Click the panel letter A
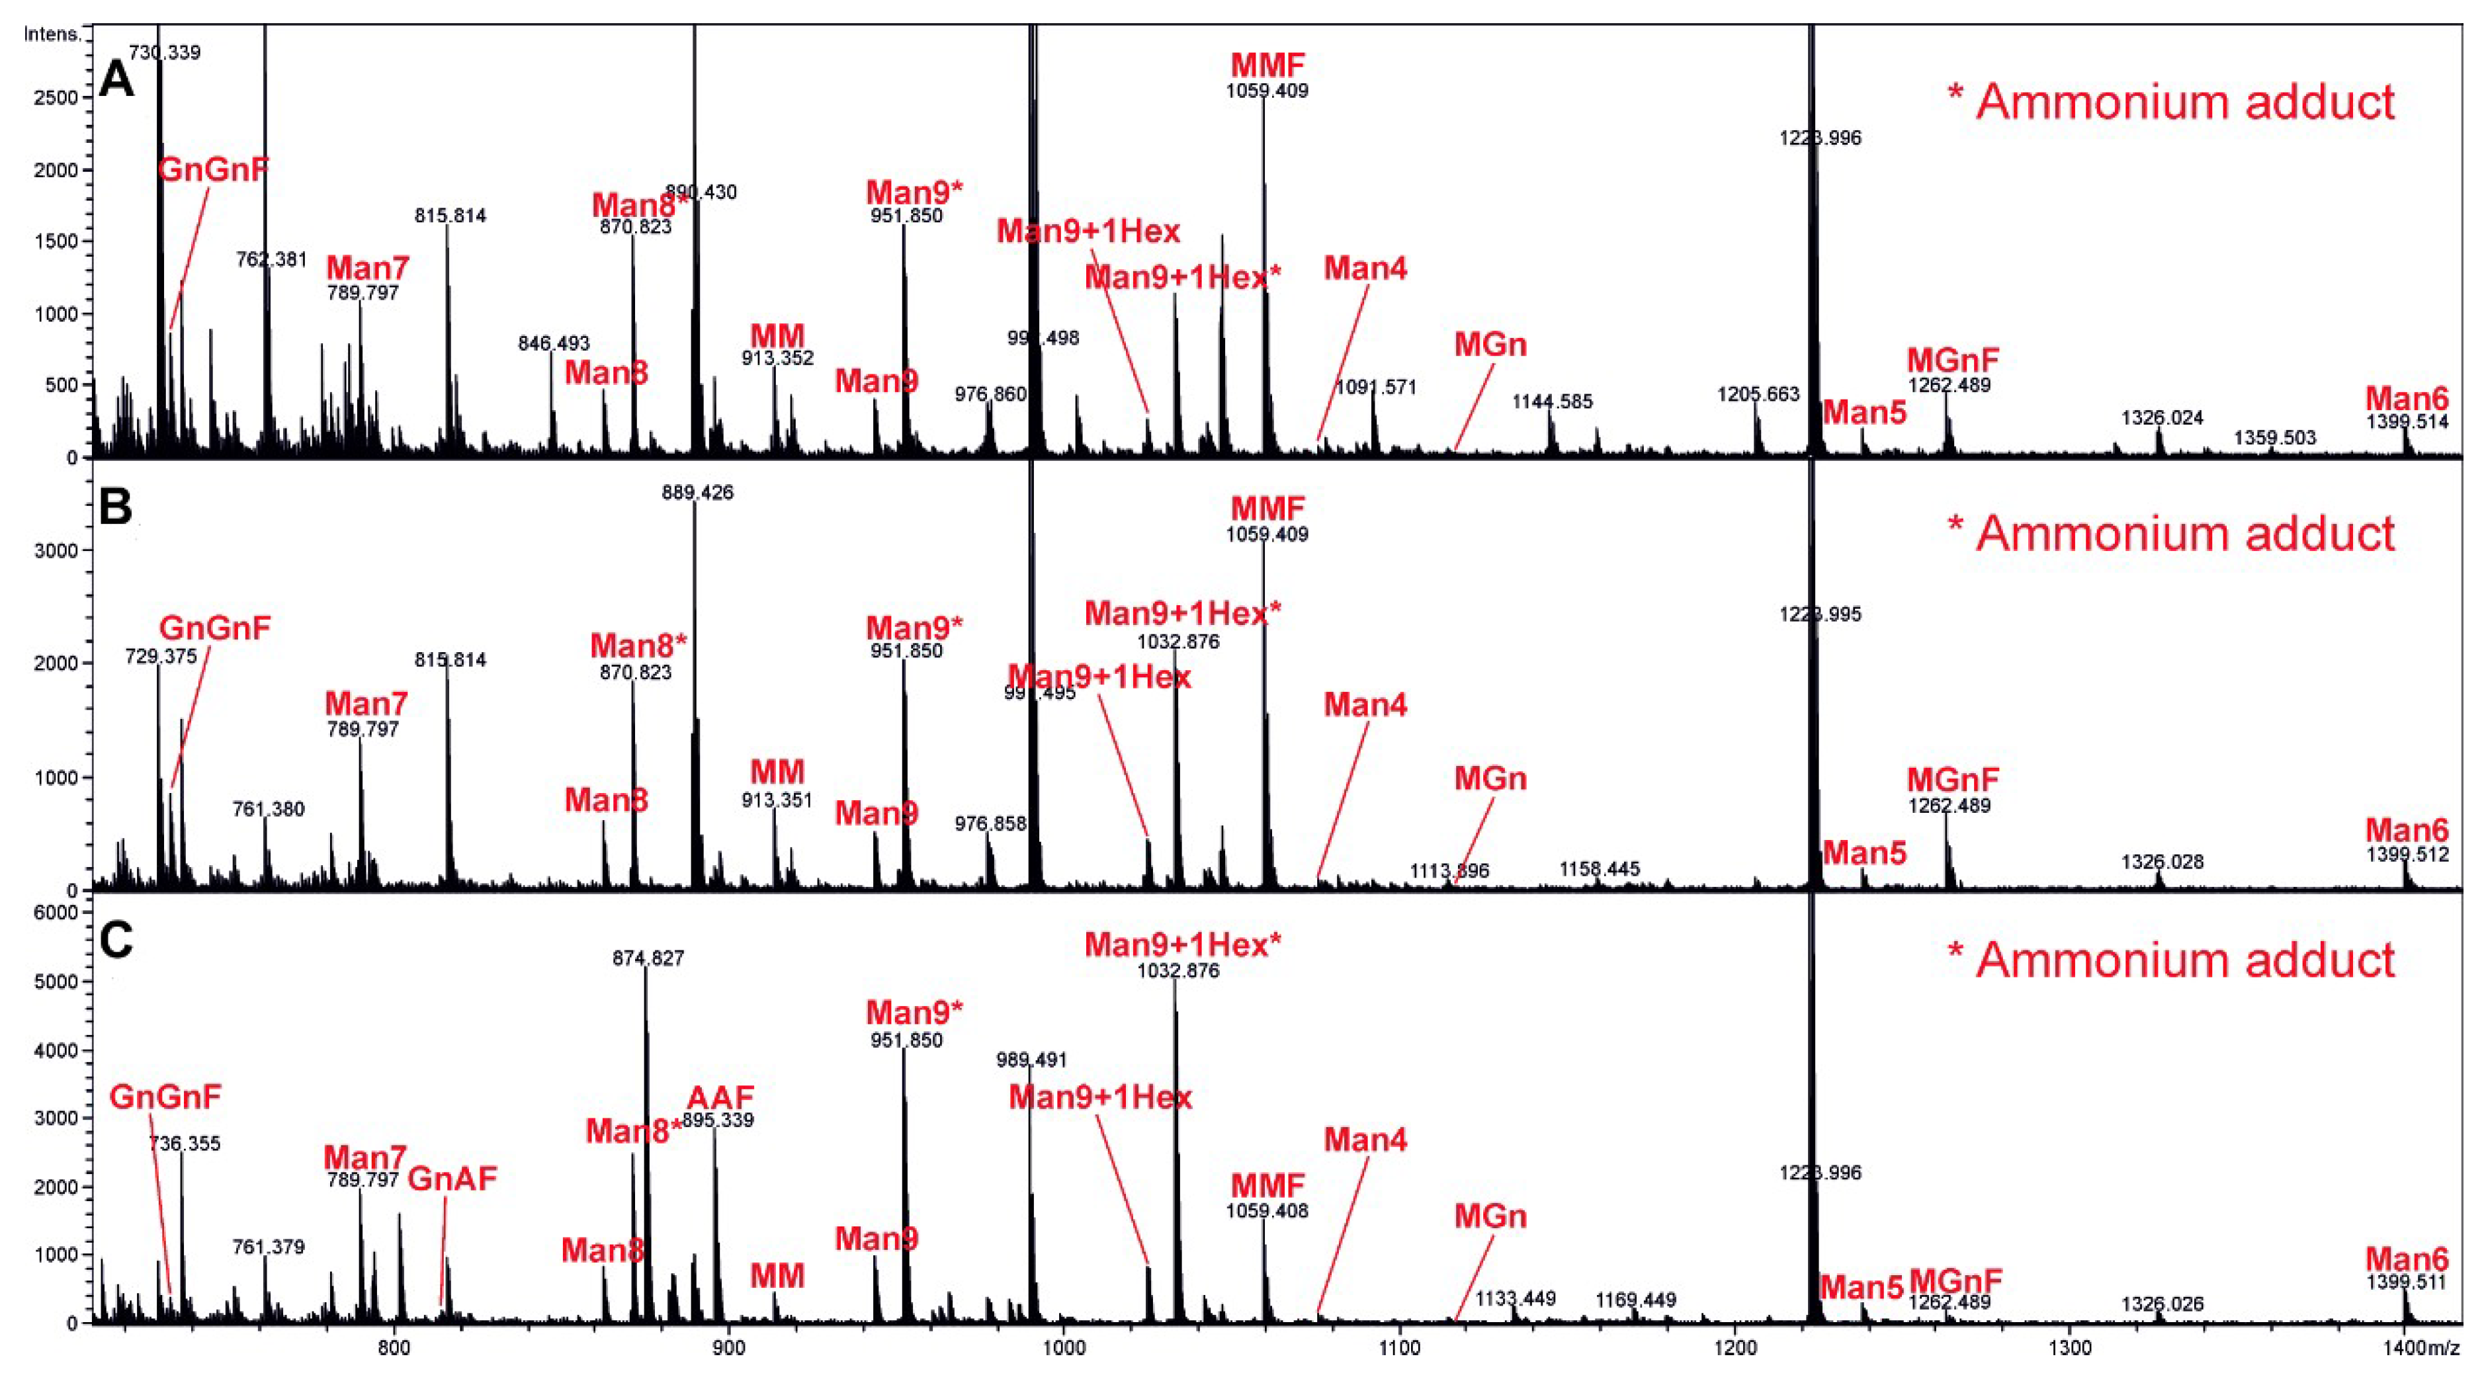coord(117,79)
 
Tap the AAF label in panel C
coord(720,1097)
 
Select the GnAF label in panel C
coord(452,1179)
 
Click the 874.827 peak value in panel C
coord(648,958)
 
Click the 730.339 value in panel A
coord(164,52)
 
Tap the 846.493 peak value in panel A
coord(553,343)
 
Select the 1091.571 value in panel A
coord(1375,387)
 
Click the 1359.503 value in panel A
coord(2275,438)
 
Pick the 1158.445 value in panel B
coord(1599,870)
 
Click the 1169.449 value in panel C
coord(1635,1300)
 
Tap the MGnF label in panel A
coord(1951,360)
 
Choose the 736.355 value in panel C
coord(185,1144)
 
